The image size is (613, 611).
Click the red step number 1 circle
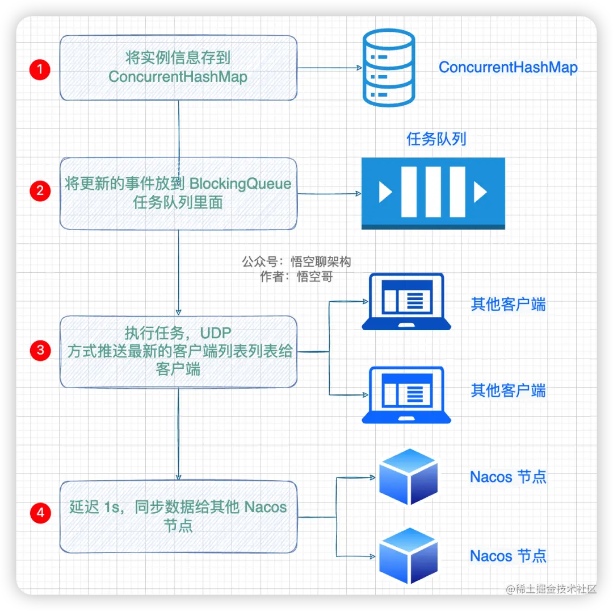(x=40, y=70)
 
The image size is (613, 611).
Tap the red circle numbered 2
(x=40, y=190)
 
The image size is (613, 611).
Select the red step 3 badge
(x=40, y=350)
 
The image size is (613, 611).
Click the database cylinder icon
(x=389, y=68)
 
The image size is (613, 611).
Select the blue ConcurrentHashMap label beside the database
(x=508, y=68)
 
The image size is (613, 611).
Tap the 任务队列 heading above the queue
(x=436, y=139)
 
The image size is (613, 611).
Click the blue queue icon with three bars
(x=433, y=193)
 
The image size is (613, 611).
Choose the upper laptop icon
(x=406, y=302)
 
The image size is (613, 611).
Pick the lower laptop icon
(x=406, y=395)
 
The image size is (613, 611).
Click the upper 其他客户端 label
(x=508, y=305)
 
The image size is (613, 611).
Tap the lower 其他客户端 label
(x=508, y=390)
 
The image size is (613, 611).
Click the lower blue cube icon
(x=408, y=555)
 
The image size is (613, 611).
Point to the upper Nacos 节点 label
(x=508, y=477)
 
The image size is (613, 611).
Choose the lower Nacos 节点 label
(x=508, y=555)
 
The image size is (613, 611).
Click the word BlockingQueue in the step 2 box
(x=240, y=184)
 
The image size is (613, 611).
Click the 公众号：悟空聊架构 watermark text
(x=296, y=261)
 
